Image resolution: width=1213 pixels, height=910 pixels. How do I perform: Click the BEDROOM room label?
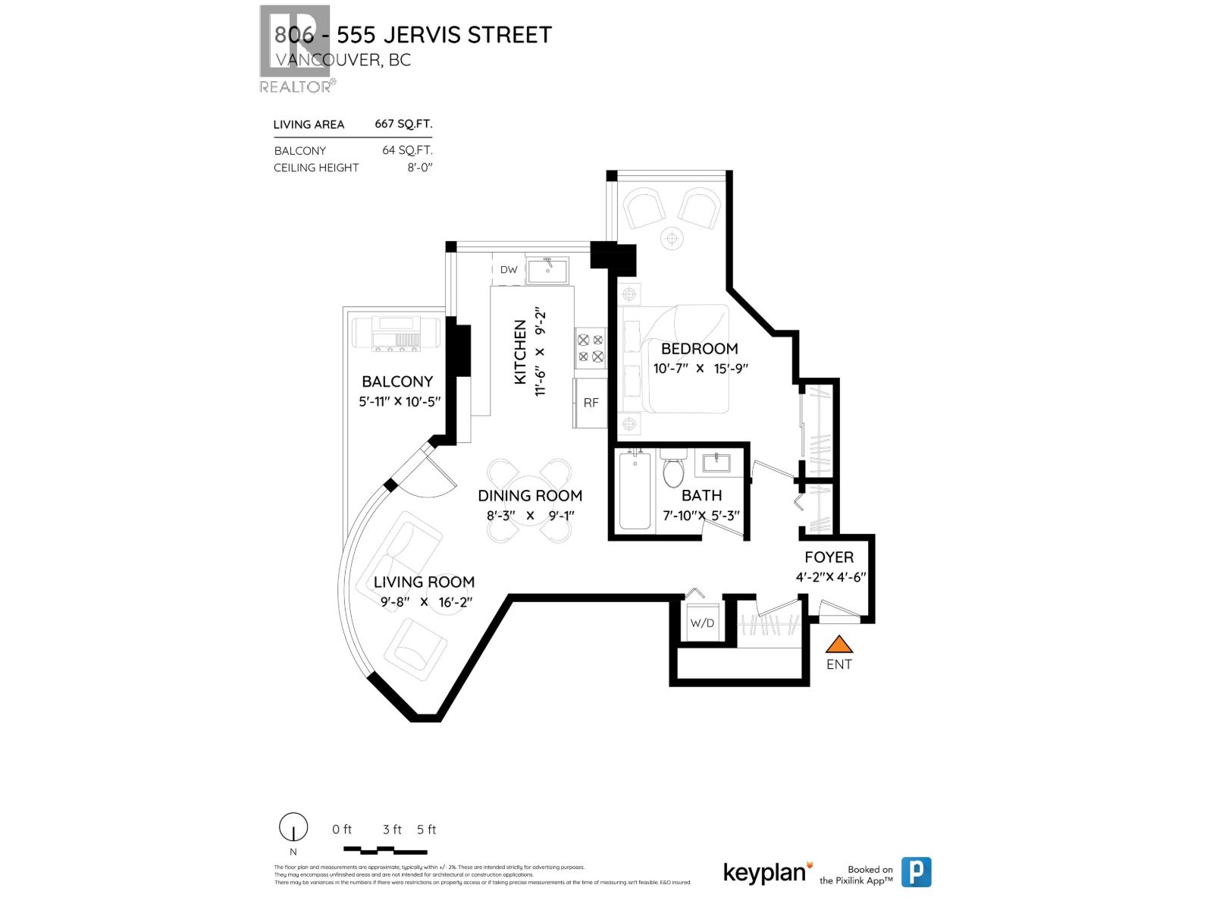click(x=699, y=349)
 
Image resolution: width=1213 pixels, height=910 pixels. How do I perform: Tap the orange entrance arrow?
click(x=838, y=645)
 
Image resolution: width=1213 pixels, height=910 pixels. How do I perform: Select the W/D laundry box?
click(x=702, y=623)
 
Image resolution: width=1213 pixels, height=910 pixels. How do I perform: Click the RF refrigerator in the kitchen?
click(x=591, y=403)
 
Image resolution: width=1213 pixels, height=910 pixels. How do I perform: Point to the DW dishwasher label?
click(x=509, y=270)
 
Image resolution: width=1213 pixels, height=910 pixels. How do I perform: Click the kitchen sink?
click(x=547, y=270)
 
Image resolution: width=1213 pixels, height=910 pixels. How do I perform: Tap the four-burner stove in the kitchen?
click(x=591, y=348)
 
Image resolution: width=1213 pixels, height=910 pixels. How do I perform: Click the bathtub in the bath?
click(x=635, y=490)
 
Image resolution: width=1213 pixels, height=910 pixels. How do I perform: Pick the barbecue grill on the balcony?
click(x=396, y=334)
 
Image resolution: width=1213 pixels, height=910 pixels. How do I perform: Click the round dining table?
click(x=530, y=500)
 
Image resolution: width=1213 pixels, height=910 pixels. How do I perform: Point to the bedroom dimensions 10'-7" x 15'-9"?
click(x=701, y=369)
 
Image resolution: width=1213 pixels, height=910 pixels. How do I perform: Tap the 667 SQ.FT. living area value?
click(x=403, y=124)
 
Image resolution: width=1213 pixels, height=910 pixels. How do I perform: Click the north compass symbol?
click(x=293, y=827)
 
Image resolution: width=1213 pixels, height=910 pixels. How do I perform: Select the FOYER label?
click(x=829, y=557)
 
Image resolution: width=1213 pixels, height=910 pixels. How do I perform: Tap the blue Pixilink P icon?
click(x=916, y=872)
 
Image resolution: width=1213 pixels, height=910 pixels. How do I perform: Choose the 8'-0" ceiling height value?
click(x=419, y=168)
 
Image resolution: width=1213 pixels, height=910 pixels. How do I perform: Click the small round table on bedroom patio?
click(x=671, y=239)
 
